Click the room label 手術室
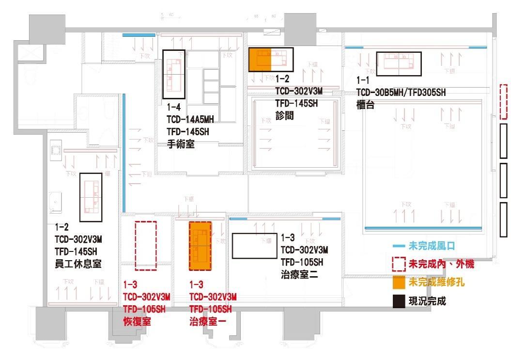(181, 144)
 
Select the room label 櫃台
(365, 105)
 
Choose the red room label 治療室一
(205, 321)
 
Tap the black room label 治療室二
(298, 275)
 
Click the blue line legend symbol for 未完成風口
(399, 247)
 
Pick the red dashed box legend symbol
(398, 264)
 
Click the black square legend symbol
(398, 301)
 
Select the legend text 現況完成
(427, 301)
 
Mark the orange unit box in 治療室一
(200, 246)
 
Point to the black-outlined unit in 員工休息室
(91, 197)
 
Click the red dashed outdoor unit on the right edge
(503, 102)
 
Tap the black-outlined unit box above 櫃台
(399, 63)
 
